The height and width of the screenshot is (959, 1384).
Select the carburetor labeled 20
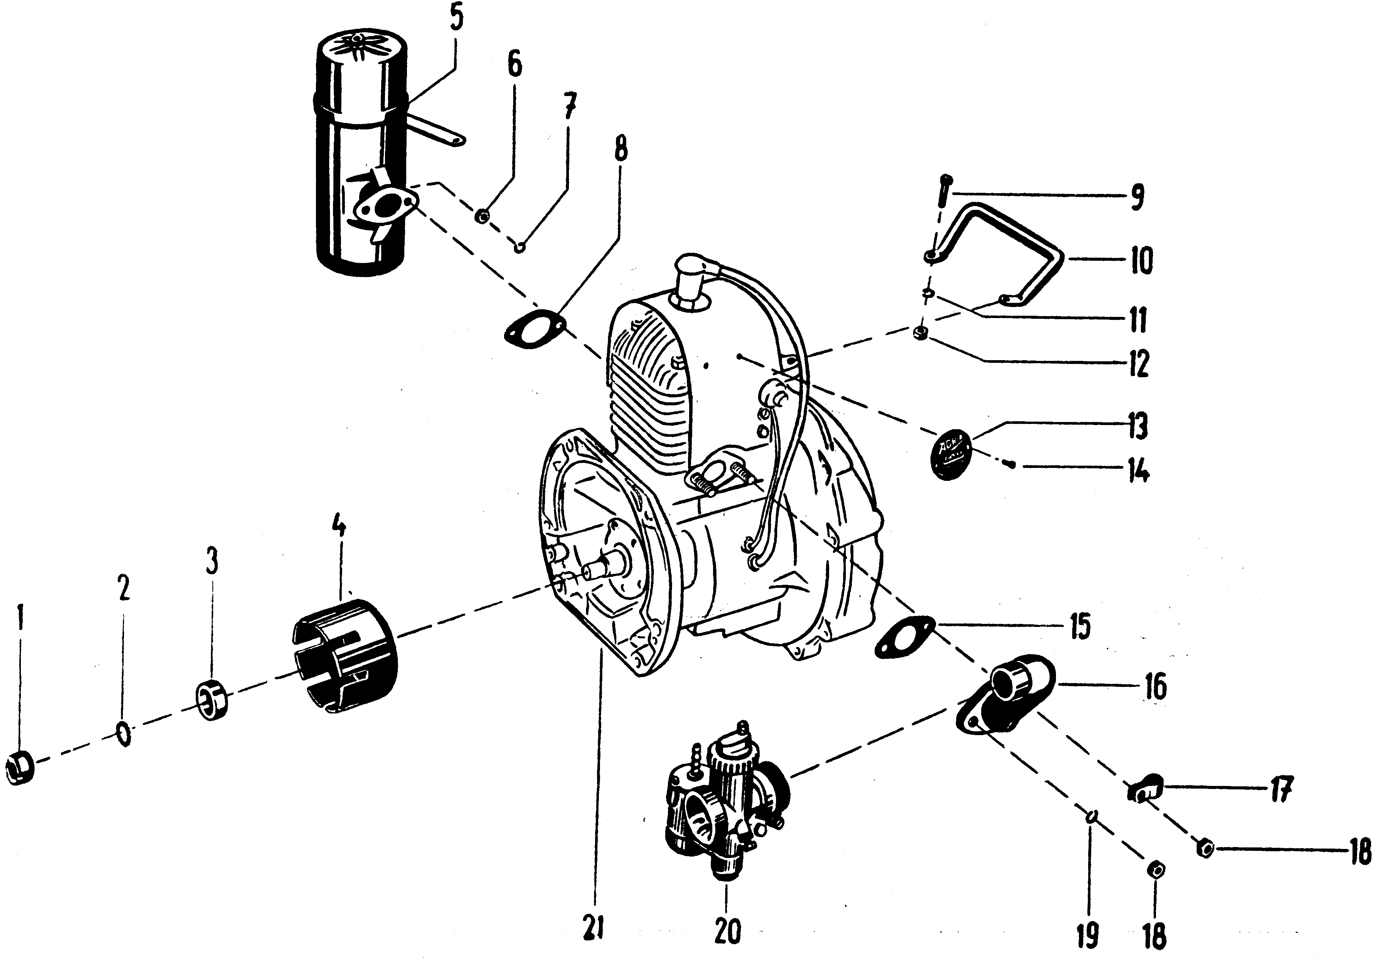pyautogui.click(x=727, y=799)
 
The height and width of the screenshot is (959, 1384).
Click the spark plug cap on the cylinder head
pyautogui.click(x=691, y=270)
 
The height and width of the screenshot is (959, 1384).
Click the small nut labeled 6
pyautogui.click(x=482, y=216)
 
